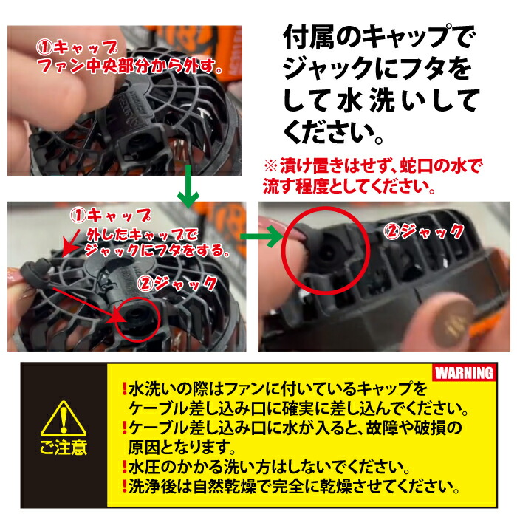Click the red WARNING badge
[x=464, y=373]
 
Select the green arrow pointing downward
[x=190, y=189]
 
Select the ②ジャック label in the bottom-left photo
[x=178, y=283]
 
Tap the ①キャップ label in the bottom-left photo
[x=111, y=216]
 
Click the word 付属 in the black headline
[x=305, y=36]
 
